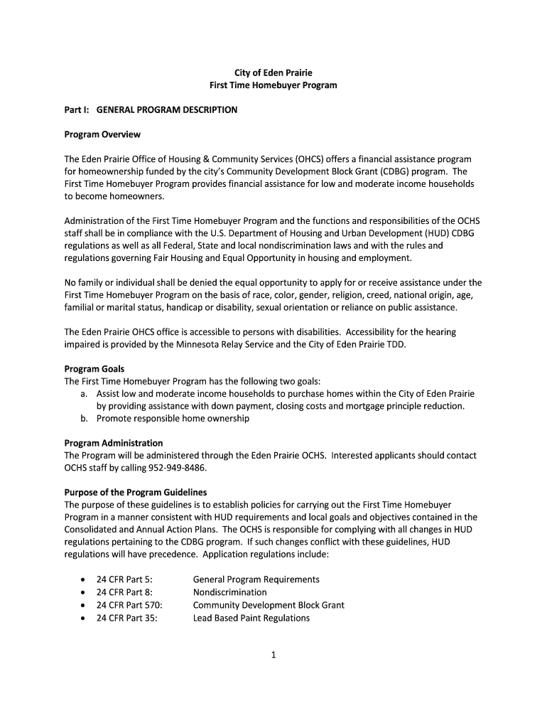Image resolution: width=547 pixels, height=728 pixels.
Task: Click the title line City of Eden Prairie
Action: tap(273, 73)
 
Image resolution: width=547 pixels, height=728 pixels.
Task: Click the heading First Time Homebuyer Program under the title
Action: tap(273, 85)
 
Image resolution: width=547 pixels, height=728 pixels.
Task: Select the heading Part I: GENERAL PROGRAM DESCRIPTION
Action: tap(151, 110)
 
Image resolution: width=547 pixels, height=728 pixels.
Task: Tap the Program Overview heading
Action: tap(102, 134)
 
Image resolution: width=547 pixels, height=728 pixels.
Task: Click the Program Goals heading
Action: tap(94, 369)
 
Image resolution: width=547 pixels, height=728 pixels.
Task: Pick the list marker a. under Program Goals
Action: tap(85, 394)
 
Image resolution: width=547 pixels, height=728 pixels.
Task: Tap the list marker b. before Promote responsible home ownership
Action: tap(85, 419)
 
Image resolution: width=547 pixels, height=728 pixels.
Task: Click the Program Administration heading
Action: tap(114, 443)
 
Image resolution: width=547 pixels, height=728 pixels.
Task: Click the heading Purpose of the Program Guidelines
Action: tap(136, 492)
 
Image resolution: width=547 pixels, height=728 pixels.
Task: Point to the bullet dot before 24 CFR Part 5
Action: tap(85, 580)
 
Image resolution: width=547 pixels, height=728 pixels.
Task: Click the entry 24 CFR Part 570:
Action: tap(129, 605)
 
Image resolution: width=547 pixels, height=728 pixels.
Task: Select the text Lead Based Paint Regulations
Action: tap(251, 618)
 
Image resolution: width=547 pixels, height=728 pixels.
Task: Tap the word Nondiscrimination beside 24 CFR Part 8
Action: tap(230, 592)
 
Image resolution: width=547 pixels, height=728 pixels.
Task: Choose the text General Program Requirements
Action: tap(256, 579)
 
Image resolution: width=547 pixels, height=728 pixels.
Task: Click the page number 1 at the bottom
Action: tap(273, 655)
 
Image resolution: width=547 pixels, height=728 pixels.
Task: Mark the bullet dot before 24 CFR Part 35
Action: tap(85, 619)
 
